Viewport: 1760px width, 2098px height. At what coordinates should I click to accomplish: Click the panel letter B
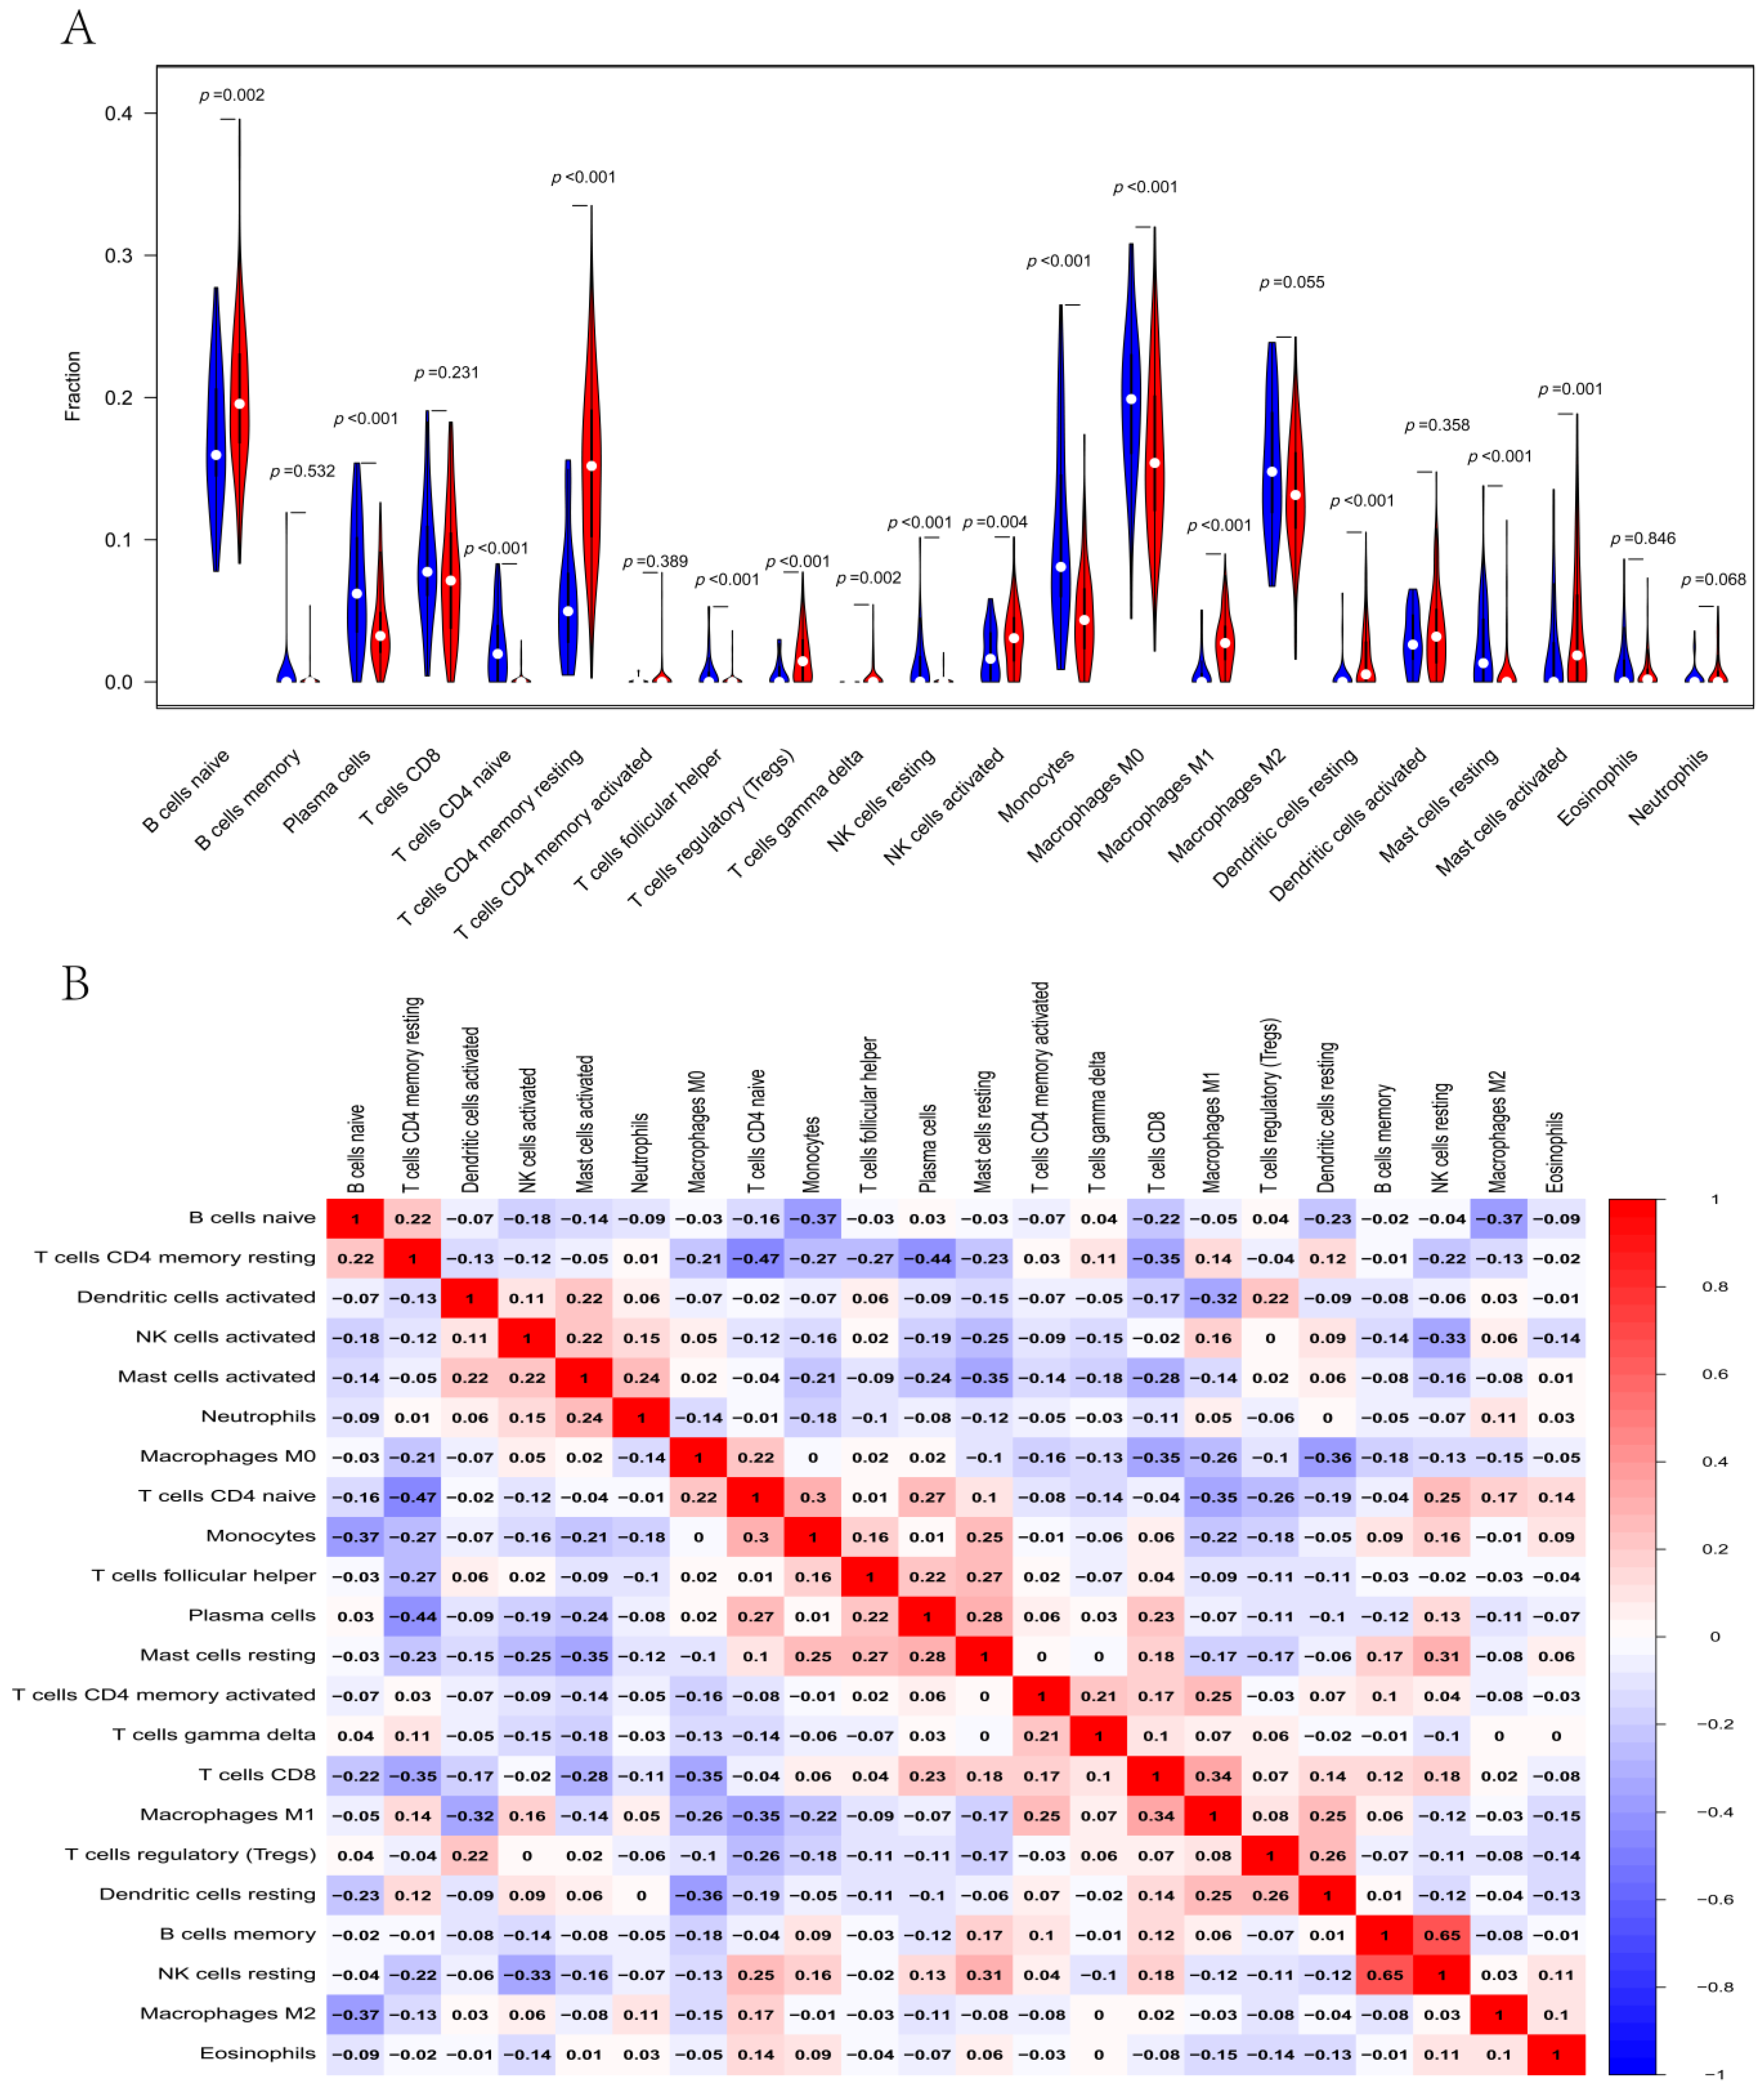click(75, 983)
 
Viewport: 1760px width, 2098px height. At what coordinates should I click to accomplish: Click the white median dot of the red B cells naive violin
click(240, 404)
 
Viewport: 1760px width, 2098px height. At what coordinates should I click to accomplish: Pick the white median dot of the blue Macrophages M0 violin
click(1131, 399)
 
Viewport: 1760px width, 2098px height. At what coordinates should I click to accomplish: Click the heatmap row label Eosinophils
click(258, 2053)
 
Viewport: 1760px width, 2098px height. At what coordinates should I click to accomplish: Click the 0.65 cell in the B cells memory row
click(1441, 1935)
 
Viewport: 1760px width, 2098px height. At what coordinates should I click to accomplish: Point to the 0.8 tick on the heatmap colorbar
click(1714, 1287)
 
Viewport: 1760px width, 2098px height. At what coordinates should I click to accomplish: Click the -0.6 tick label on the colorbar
click(1714, 1899)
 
